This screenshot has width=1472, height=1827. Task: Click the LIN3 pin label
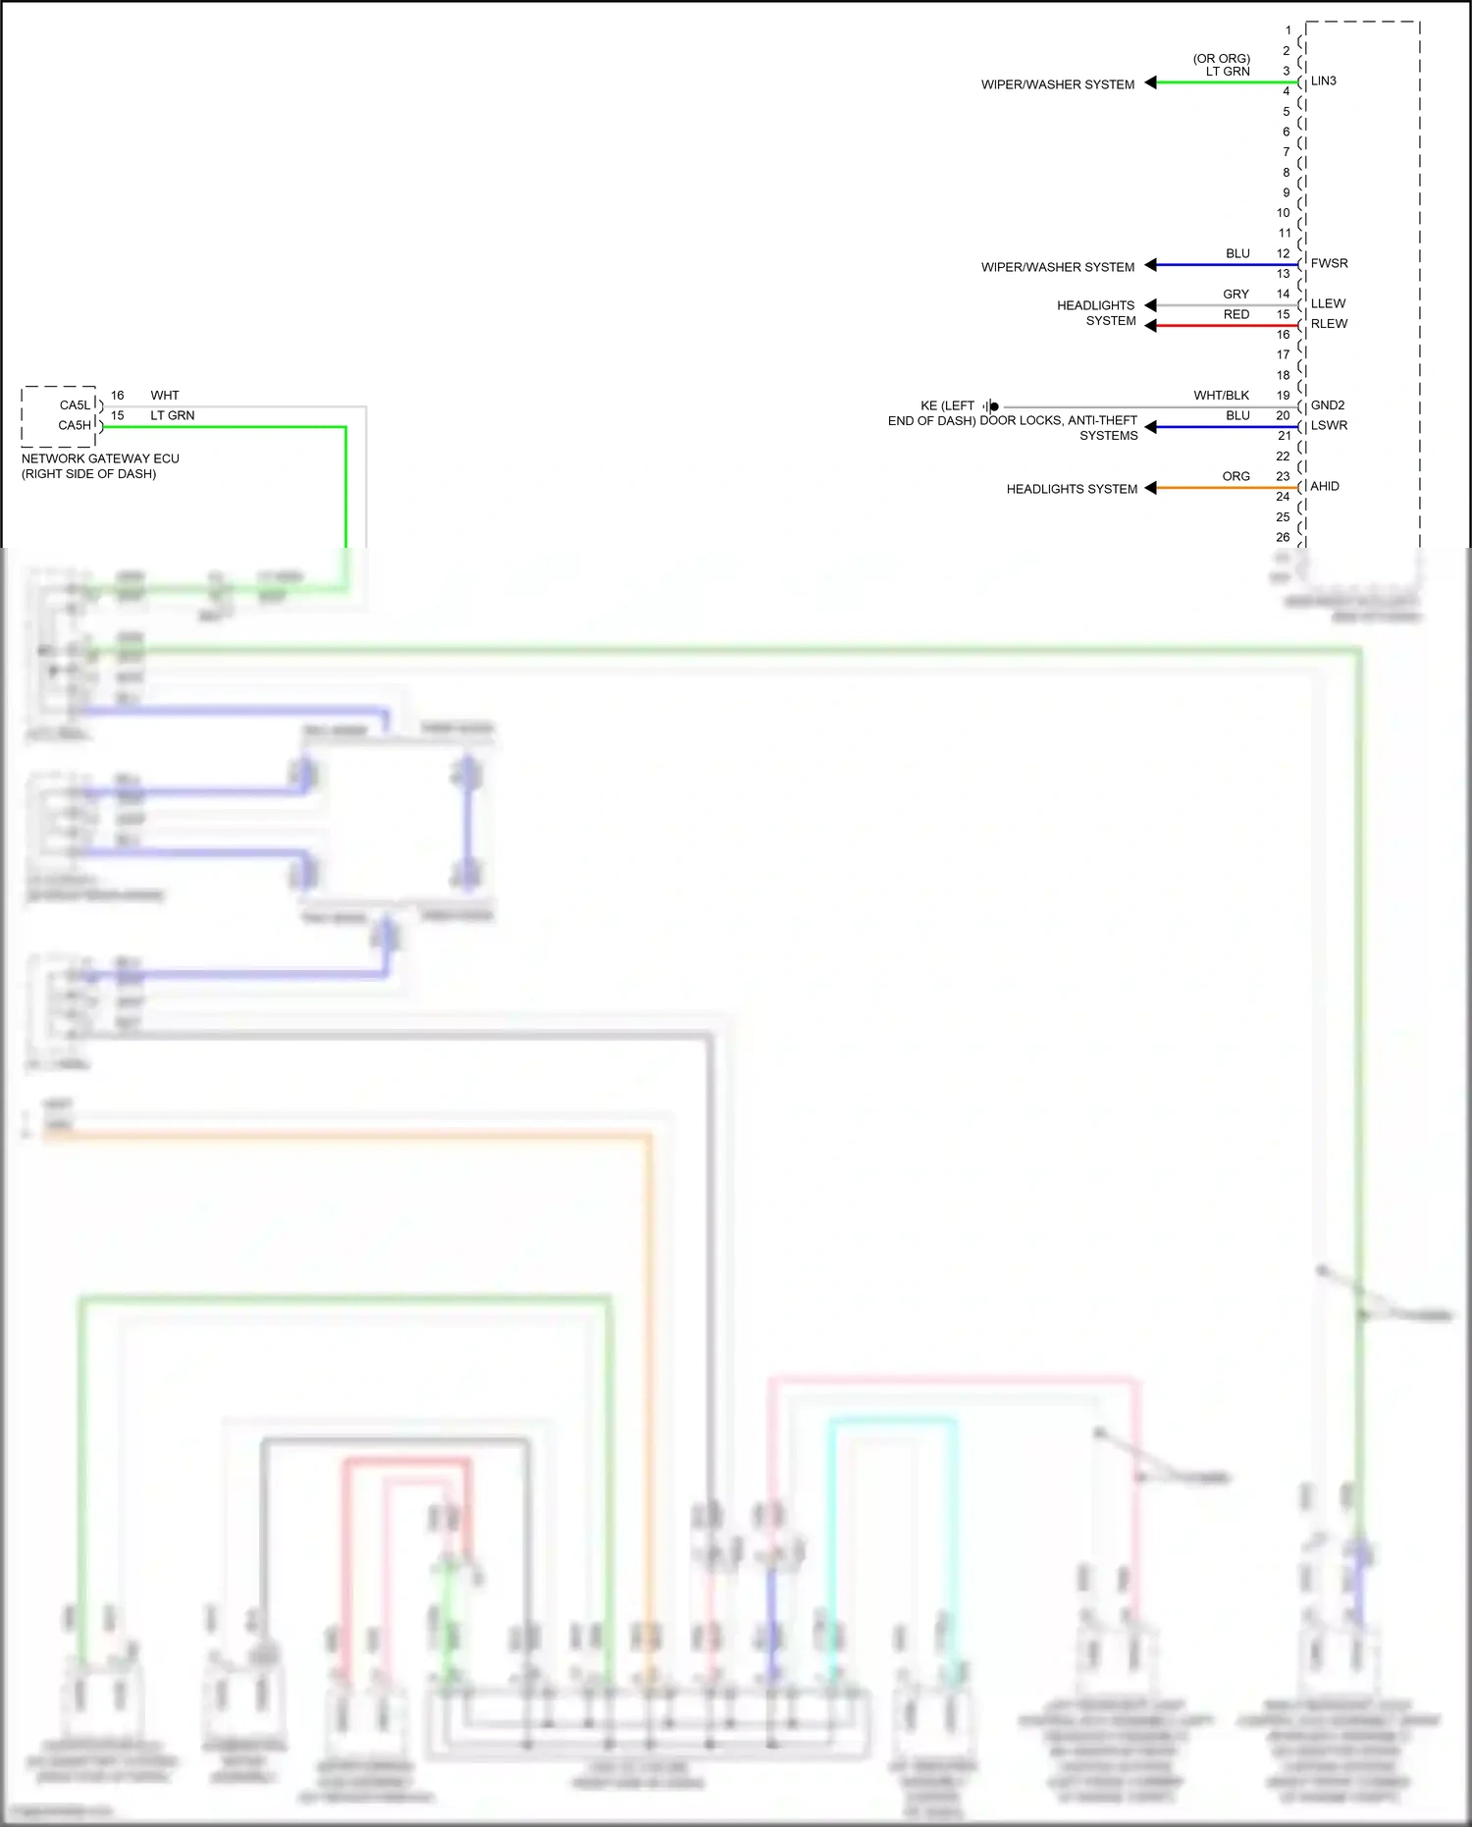coord(1323,81)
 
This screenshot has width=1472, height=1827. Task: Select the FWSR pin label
coord(1329,264)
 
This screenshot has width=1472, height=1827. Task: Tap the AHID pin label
coord(1324,487)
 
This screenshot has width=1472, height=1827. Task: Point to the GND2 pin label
coord(1327,405)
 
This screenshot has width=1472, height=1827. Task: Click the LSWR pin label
coord(1329,426)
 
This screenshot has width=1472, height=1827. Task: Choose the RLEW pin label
coord(1329,324)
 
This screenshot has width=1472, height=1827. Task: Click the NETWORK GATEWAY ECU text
coord(100,459)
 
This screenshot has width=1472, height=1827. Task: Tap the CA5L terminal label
coord(75,405)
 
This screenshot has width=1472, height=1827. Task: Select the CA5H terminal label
coord(75,426)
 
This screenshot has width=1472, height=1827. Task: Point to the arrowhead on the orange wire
coord(1151,488)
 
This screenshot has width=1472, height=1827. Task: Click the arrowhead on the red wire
coord(1151,326)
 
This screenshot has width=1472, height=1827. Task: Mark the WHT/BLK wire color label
coord(1221,396)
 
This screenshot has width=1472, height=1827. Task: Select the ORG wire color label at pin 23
coord(1235,477)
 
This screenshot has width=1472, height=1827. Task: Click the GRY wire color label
coord(1235,295)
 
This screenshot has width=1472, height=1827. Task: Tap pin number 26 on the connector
coord(1283,538)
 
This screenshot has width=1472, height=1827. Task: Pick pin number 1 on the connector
coord(1288,30)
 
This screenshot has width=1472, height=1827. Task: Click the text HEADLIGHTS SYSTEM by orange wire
coord(1072,489)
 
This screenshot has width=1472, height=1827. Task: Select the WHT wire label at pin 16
coord(165,396)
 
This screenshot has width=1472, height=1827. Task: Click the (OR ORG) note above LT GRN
coord(1221,59)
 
